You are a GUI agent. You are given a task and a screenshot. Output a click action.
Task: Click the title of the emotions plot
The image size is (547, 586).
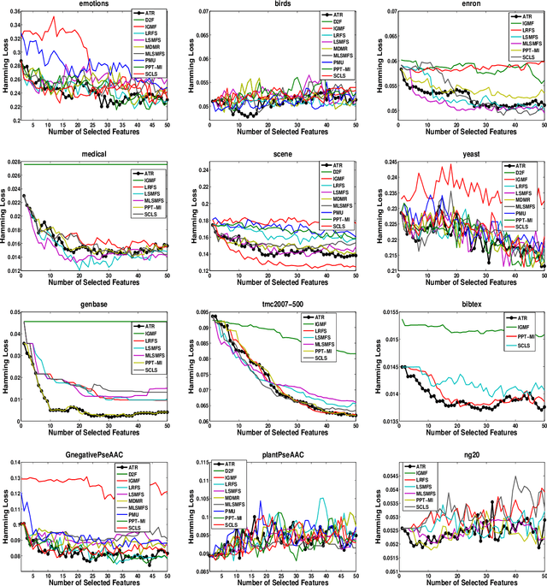tap(95, 4)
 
